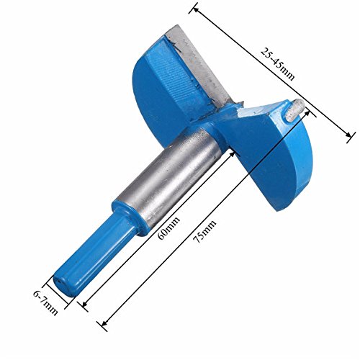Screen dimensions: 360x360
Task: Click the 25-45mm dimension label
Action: point(278,64)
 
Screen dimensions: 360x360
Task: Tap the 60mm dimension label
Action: point(168,228)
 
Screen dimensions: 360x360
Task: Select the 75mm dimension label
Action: point(204,232)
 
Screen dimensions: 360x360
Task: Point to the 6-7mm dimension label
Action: point(45,303)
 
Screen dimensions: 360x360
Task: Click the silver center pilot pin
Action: point(294,111)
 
